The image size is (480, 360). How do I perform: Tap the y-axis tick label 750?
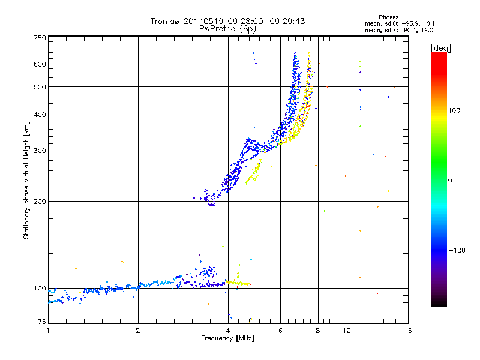pos(40,38)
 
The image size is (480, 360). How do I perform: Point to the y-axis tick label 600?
pos(40,64)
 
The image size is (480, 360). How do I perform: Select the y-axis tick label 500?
pos(40,87)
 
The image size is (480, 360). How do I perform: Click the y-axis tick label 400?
pos(40,115)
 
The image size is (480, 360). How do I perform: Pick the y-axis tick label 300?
pos(40,151)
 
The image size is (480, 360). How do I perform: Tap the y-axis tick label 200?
pos(40,202)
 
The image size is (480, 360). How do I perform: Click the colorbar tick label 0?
pos(450,180)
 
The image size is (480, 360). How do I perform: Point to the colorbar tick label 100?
pos(455,110)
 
